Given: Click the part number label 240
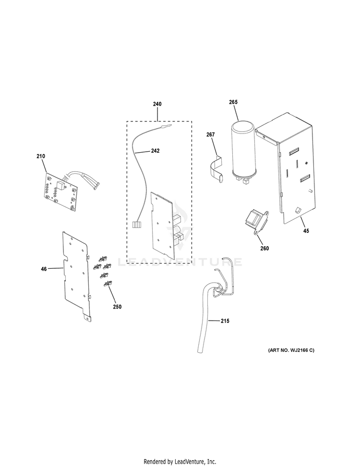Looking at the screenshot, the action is pos(157,104).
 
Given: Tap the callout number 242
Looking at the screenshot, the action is pos(155,151).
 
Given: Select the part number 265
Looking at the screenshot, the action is pos(233,102).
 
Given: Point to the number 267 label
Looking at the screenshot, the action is pos(210,135).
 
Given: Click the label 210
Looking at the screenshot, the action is pos(41,156).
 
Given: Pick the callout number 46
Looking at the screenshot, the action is pos(44,269).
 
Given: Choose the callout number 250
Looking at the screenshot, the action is pos(117,307).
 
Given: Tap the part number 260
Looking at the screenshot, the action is pos(264,249).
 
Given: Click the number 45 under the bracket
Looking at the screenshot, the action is pos(306,231).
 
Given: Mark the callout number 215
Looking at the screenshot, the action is pos(225,321).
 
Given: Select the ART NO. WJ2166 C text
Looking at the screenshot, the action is pos(291,350).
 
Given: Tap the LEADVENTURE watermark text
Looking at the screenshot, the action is pos(180,262).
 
